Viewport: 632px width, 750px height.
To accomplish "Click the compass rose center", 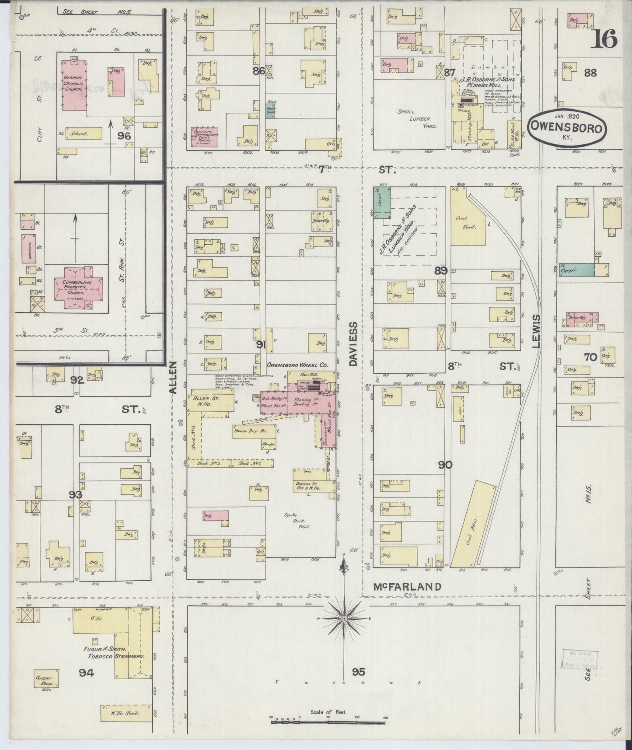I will (x=344, y=618).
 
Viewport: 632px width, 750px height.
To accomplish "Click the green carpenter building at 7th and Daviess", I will (x=382, y=202).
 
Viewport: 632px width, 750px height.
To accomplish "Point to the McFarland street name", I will (x=407, y=586).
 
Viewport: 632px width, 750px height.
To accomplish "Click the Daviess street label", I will (x=353, y=343).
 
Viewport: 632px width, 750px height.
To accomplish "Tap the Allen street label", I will (x=173, y=377).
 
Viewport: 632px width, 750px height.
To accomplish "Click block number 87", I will (x=450, y=73).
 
